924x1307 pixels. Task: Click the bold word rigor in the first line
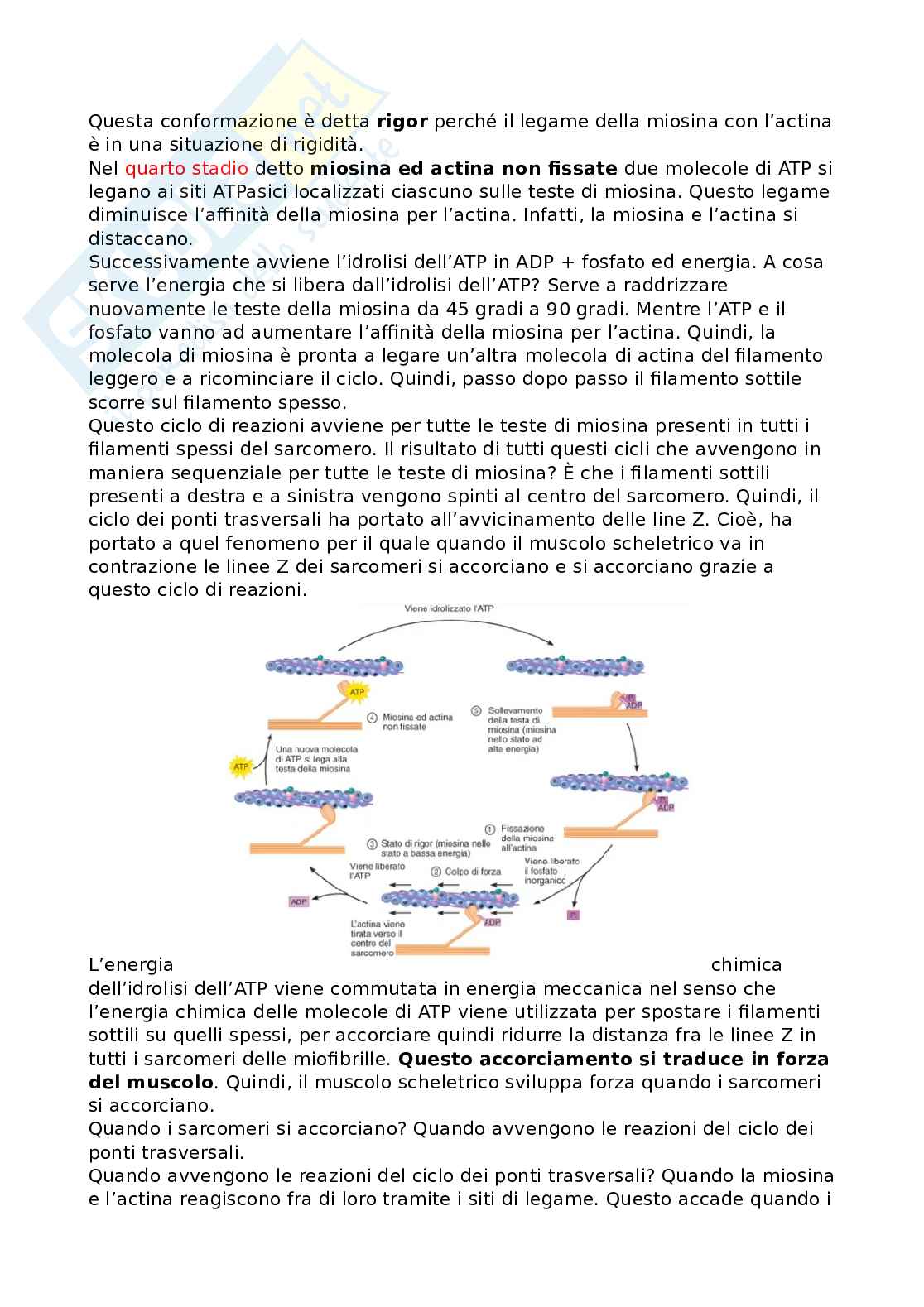[x=402, y=122]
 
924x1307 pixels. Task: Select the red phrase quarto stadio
[x=186, y=169]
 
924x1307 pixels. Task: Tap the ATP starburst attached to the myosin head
[x=357, y=691]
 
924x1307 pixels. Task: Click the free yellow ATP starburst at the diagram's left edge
[x=242, y=767]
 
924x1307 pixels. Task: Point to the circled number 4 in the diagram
[x=373, y=717]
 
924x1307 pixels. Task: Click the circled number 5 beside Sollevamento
[x=476, y=710]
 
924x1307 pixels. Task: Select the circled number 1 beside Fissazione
[x=489, y=828]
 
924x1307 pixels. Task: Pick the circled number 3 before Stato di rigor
[x=372, y=843]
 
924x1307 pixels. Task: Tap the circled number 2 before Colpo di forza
[x=436, y=871]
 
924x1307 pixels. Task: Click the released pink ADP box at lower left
[x=298, y=901]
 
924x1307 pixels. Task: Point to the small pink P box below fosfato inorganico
[x=571, y=915]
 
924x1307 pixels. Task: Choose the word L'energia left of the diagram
[x=131, y=965]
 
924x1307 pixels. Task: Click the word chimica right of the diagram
[x=746, y=965]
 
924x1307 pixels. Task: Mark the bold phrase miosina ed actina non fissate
[x=464, y=169]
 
